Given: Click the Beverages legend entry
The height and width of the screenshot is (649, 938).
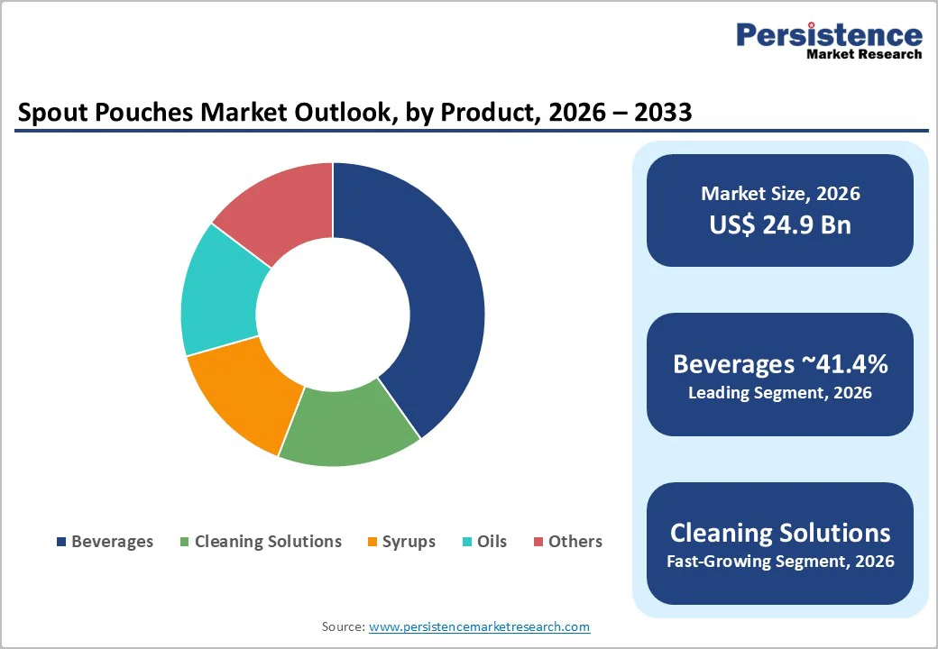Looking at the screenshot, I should click(105, 542).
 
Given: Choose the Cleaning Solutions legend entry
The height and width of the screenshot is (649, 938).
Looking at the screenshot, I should click(261, 542).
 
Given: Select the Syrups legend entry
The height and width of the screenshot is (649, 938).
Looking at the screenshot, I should click(401, 542).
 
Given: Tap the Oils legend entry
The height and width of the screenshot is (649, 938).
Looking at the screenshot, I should click(484, 542).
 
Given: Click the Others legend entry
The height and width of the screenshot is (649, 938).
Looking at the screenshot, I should click(567, 542).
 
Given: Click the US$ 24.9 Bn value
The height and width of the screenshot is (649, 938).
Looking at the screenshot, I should click(780, 224).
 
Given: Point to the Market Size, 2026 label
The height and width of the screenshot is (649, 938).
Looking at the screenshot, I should click(780, 194).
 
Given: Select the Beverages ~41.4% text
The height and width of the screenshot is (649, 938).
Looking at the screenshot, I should click(780, 364).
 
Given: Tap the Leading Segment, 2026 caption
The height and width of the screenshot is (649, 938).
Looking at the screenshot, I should click(780, 393).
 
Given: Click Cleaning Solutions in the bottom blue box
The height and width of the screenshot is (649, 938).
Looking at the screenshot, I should click(780, 532).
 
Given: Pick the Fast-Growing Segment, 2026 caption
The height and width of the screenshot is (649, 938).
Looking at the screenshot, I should click(780, 562).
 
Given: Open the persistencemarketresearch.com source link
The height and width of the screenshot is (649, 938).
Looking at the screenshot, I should click(479, 626).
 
